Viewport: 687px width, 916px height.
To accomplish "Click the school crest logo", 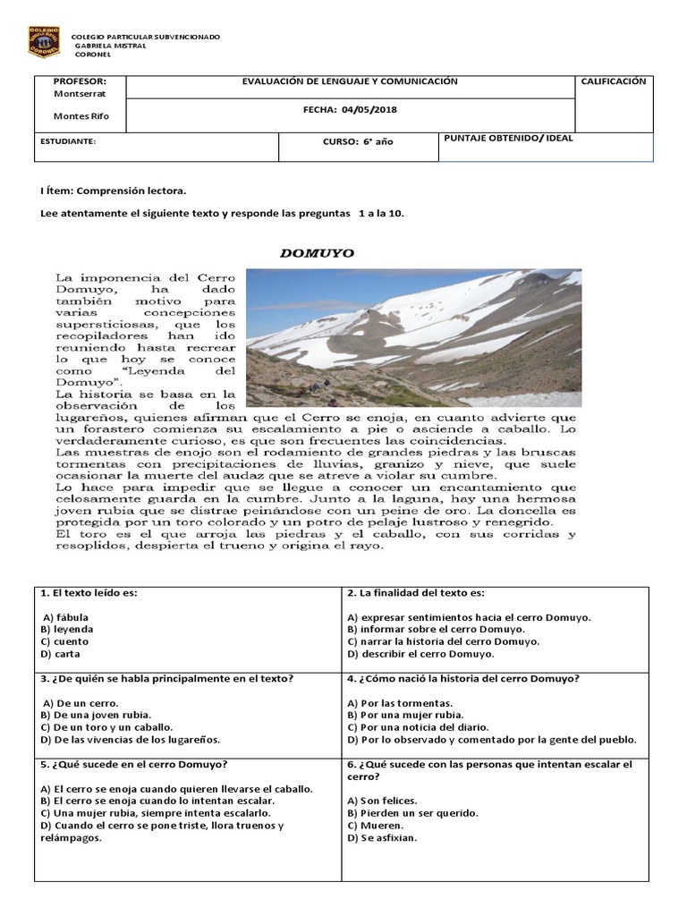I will [45, 43].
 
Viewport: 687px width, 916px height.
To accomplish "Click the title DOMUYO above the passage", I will [317, 253].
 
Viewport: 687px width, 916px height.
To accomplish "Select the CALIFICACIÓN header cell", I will [613, 81].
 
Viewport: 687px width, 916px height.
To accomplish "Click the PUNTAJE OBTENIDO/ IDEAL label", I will [508, 139].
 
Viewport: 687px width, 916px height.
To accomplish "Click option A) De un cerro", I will [81, 703].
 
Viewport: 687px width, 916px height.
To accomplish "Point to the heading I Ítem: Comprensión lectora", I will [114, 191].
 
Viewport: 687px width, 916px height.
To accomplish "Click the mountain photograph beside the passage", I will [412, 337].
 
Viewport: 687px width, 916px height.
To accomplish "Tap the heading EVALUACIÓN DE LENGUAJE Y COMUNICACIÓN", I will [350, 81].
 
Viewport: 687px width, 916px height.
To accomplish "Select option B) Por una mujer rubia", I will [404, 716].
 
